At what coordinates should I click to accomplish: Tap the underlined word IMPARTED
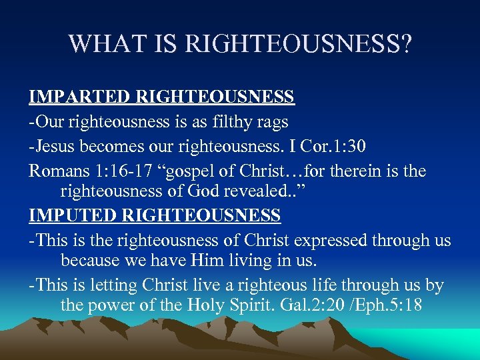tap(79, 97)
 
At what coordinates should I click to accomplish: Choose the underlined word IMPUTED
tap(74, 216)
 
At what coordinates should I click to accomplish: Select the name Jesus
tap(55, 147)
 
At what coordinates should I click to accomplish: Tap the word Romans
tap(59, 171)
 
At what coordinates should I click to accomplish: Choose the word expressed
tap(330, 241)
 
